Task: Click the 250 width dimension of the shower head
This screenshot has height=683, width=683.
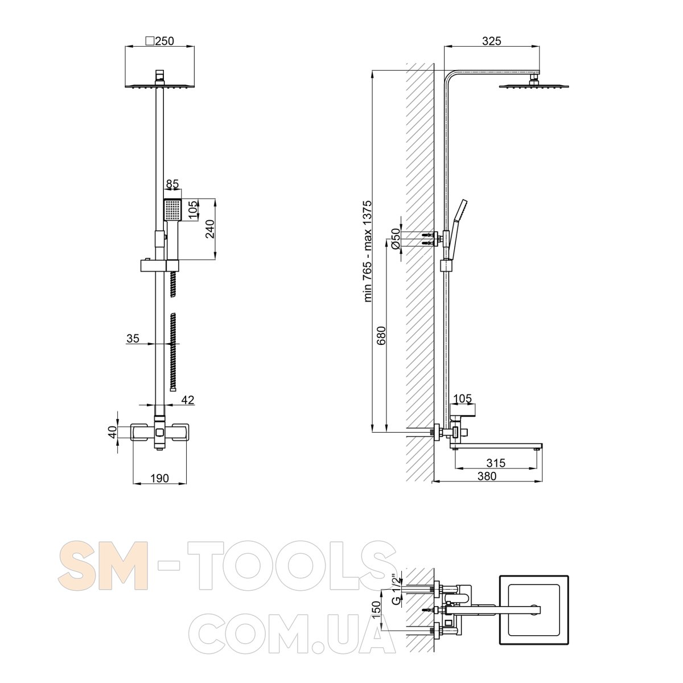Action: point(165,41)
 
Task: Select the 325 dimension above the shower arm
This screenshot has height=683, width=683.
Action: point(492,41)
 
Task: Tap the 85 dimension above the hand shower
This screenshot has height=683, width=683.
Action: point(172,184)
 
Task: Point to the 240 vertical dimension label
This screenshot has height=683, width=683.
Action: point(210,229)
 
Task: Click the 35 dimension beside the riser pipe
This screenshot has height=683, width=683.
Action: point(133,339)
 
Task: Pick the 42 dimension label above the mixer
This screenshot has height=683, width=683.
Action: point(188,400)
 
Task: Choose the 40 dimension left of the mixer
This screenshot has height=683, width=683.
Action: point(112,432)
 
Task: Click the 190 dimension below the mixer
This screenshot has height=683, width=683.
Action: point(159,478)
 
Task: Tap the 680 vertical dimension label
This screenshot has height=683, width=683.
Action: point(381,335)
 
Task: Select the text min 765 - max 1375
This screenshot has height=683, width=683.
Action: point(368,252)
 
